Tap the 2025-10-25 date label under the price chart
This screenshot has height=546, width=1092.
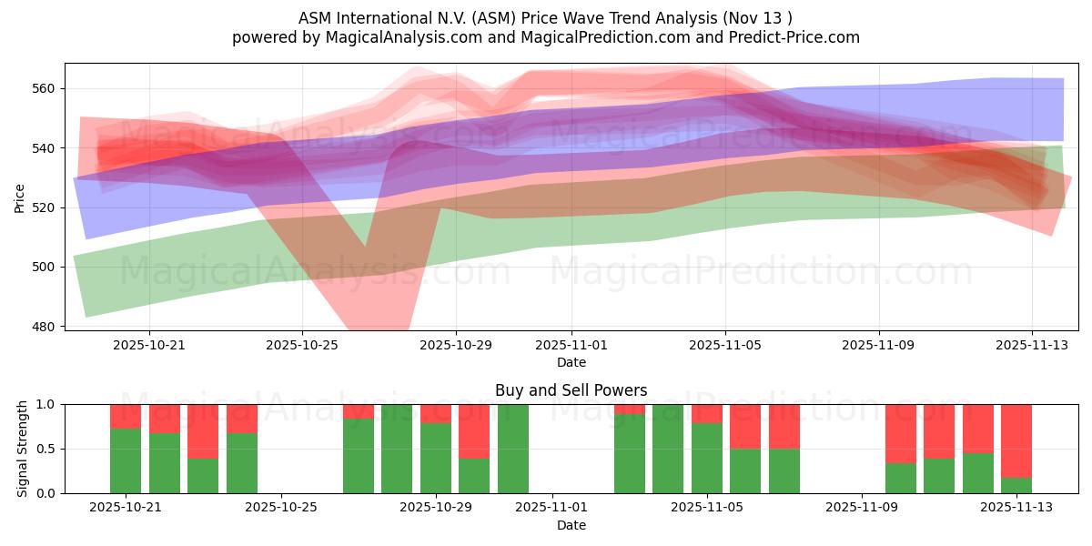(x=302, y=346)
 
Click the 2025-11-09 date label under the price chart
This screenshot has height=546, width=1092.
(x=878, y=346)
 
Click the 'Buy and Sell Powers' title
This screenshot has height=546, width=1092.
(x=571, y=390)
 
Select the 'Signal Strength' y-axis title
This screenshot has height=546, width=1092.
(x=23, y=449)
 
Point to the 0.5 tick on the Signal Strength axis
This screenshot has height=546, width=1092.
(x=47, y=449)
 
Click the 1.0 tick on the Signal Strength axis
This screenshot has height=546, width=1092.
(x=47, y=404)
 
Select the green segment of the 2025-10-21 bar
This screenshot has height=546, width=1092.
(x=126, y=460)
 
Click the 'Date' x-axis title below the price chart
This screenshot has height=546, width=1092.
(x=571, y=362)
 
